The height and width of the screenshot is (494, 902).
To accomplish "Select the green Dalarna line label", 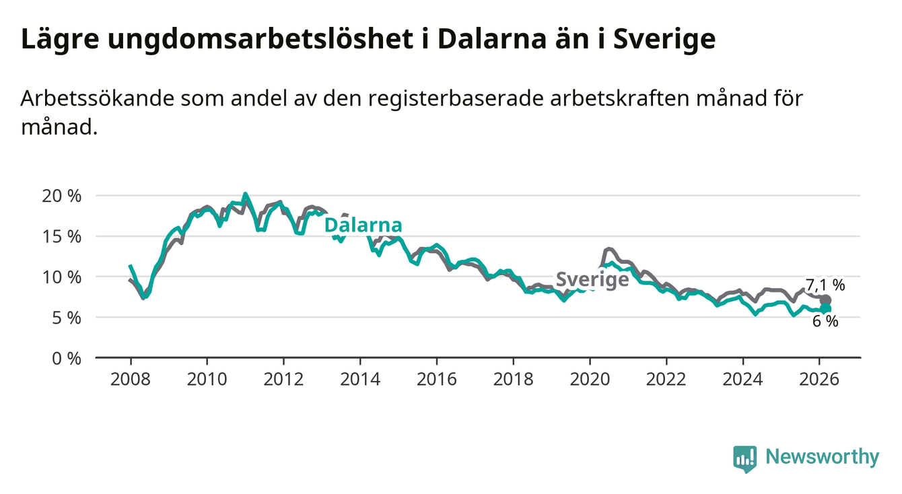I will coord(363,225).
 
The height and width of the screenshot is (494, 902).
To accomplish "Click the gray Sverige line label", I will coord(592,279).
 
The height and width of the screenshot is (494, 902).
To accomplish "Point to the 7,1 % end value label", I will coord(825,285).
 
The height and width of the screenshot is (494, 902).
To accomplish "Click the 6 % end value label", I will coord(825,322).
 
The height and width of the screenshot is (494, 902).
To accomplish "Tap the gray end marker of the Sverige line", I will coord(826,300).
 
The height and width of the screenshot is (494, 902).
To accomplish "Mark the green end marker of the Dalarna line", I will coord(826,309).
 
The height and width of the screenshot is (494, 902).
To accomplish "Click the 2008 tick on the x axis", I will coord(130,378).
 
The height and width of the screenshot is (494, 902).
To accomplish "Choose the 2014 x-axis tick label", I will coord(359,378).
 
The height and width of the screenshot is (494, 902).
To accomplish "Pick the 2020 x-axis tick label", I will coord(589,378).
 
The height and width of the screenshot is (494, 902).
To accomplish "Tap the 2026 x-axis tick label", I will coord(819,378).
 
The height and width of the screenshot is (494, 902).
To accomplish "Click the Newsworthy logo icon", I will coord(744,458).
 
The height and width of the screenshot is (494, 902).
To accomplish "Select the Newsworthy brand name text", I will coord(823,458).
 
